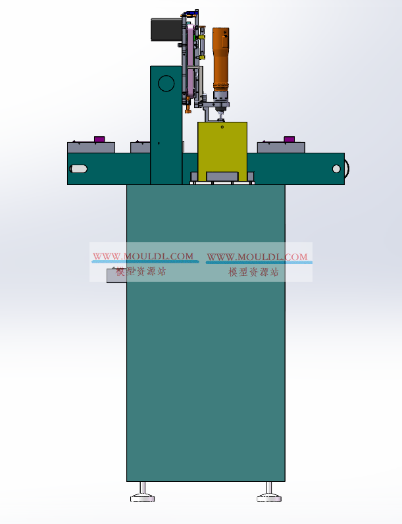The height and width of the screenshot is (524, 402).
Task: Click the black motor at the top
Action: [x=166, y=30]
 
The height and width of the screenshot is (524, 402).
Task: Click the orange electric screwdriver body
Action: [x=220, y=59]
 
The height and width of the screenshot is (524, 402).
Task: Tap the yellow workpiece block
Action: [x=222, y=147]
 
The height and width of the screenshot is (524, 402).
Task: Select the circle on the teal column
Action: [x=166, y=83]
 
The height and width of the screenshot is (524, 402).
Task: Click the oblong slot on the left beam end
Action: [x=78, y=169]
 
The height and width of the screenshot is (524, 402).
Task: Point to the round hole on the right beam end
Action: [x=337, y=169]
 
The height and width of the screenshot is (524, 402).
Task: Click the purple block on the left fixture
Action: [x=99, y=139]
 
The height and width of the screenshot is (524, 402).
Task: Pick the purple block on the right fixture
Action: [x=289, y=139]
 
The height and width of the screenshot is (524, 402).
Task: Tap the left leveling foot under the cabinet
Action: [x=143, y=492]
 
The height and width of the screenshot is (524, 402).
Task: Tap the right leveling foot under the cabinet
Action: [x=269, y=492]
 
